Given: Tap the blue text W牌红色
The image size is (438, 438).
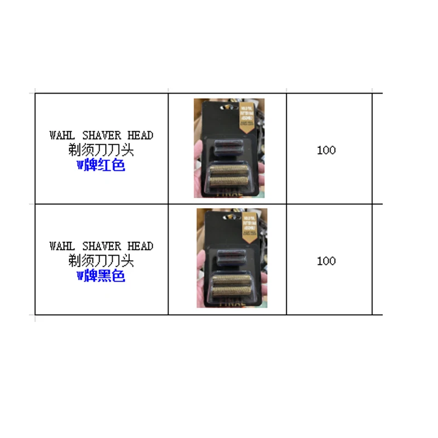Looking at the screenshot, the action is (x=101, y=165).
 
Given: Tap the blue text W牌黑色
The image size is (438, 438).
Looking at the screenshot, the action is (x=101, y=276).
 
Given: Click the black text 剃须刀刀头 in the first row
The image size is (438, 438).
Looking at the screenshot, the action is (x=101, y=150).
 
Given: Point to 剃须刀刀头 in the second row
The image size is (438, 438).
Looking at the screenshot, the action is (x=101, y=261).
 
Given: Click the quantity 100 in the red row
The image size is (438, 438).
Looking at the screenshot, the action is (x=326, y=150).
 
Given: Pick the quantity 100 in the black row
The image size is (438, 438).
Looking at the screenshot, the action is (x=326, y=261).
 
